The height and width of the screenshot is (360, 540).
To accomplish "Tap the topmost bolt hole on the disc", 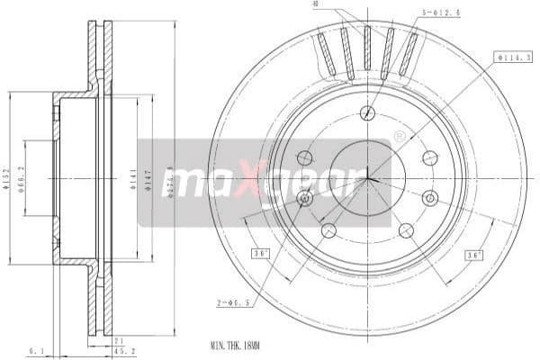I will click(366, 112).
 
